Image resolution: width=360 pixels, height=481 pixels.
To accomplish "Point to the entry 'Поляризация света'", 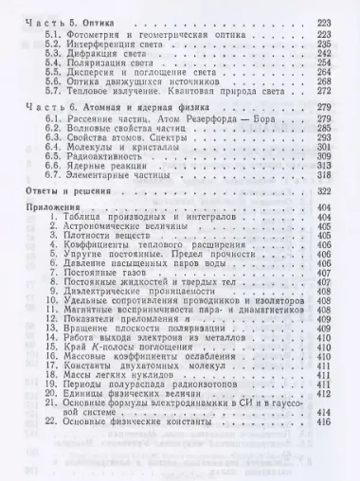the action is [109, 65].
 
